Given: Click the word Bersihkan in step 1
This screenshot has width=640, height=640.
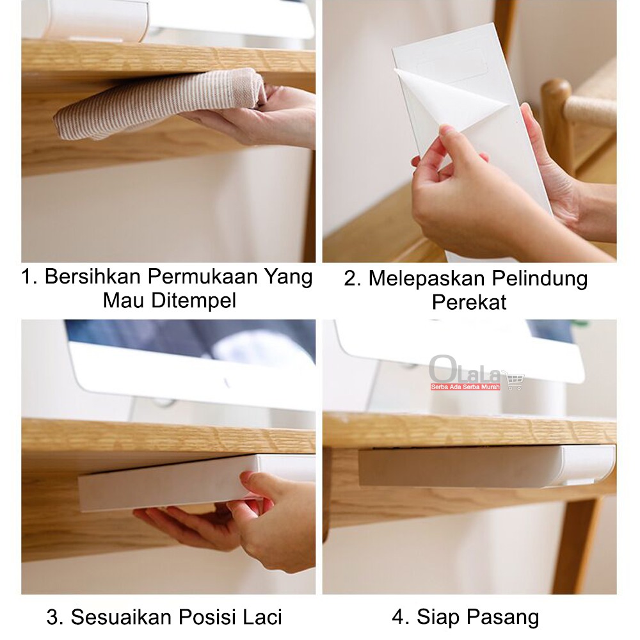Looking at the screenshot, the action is [x=93, y=276].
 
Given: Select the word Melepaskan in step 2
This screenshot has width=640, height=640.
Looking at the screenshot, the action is [x=426, y=279].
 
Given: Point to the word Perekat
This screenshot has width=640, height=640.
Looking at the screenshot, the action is [x=469, y=302].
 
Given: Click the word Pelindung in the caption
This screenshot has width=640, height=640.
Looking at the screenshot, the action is [x=539, y=280].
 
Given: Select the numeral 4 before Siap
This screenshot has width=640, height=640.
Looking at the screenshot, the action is [x=397, y=617].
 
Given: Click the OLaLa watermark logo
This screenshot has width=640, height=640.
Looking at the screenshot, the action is [x=465, y=369].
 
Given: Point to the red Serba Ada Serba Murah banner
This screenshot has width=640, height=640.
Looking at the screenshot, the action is [x=465, y=387].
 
